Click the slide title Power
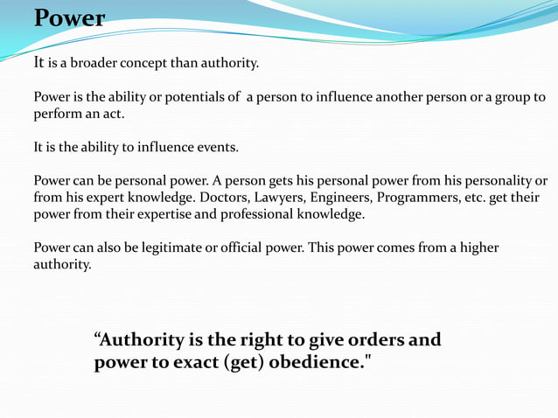pos(69,18)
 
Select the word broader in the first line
pos(94,63)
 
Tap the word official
pos(227,247)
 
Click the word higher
pos(477,247)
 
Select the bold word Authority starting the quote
pos(139,340)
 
